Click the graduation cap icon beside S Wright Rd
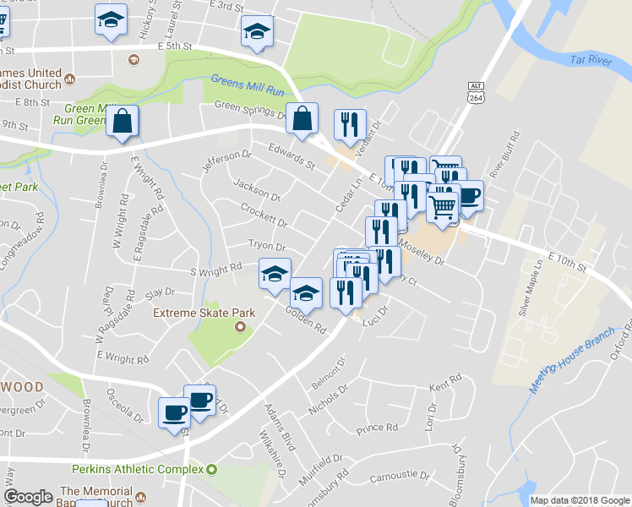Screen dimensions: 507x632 (x=275, y=275)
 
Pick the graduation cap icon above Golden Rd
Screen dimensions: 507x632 (x=306, y=294)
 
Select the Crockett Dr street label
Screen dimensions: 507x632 (x=264, y=215)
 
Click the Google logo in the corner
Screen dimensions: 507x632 (x=28, y=497)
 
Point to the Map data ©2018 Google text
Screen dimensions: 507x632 (x=580, y=500)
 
